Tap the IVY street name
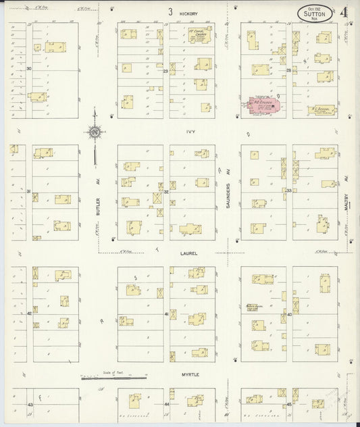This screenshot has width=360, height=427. (192, 132)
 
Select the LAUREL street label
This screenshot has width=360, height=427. (188, 254)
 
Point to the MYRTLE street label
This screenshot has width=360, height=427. (190, 374)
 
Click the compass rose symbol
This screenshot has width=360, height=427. (95, 130)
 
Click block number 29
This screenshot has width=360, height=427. (165, 70)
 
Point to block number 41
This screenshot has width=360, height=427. (166, 314)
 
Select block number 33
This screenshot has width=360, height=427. (288, 191)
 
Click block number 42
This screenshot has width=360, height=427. (29, 313)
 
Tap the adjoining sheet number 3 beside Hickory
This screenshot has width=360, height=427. (171, 11)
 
